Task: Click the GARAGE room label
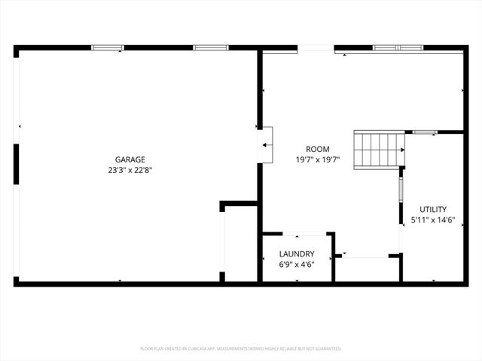click(130, 159)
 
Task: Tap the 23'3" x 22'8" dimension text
click(130, 170)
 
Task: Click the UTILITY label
click(433, 209)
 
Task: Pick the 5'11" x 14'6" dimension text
click(433, 220)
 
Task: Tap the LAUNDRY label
click(296, 254)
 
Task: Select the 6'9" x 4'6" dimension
click(296, 265)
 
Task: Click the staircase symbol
click(380, 149)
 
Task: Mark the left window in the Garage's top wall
click(108, 47)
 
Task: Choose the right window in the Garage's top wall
click(211, 47)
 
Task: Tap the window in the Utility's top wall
click(424, 132)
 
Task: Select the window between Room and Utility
click(401, 202)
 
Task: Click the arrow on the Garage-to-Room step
click(266, 144)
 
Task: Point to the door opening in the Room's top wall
click(316, 48)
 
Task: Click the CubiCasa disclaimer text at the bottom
click(241, 348)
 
